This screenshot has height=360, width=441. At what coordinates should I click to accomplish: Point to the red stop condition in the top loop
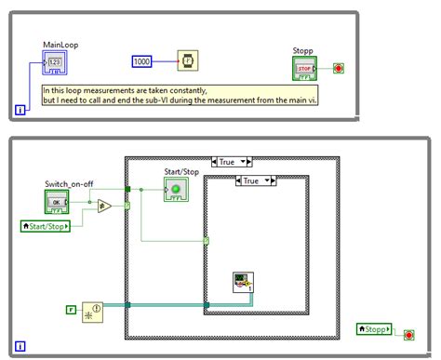point(339,68)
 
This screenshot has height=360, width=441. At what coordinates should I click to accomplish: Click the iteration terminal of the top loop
point(21,110)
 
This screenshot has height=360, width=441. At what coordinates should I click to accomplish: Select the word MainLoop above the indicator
point(59,45)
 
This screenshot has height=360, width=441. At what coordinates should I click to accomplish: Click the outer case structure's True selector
point(227,161)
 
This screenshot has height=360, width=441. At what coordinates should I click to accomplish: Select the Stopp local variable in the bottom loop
point(373,329)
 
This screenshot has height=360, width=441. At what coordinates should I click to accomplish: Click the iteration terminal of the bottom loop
point(21,347)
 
